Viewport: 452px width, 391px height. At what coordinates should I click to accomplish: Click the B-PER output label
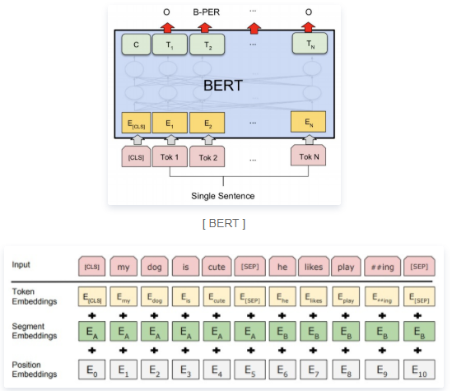click(207, 12)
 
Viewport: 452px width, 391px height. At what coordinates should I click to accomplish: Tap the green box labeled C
click(136, 44)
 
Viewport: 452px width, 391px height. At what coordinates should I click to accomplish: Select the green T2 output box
click(205, 44)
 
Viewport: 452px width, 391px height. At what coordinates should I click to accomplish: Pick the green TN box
click(310, 44)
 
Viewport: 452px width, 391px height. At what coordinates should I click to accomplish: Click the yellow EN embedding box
click(310, 123)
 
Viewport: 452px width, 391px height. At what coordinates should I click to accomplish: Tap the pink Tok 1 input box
click(171, 156)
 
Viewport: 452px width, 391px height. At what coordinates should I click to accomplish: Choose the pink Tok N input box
click(310, 156)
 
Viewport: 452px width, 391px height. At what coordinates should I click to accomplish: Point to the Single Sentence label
click(223, 196)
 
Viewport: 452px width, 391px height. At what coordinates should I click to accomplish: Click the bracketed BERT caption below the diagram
click(224, 222)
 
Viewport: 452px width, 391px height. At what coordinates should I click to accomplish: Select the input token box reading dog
click(155, 267)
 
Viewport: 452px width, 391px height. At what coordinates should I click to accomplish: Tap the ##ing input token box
click(381, 267)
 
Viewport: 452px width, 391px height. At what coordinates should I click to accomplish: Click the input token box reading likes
click(312, 267)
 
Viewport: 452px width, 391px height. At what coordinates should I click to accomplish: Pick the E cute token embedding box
click(218, 299)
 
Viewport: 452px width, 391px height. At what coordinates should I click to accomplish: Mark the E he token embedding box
click(282, 299)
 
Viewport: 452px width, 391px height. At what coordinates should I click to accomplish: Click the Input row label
click(23, 265)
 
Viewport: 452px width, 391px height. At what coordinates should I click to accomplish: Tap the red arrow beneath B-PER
click(205, 26)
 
